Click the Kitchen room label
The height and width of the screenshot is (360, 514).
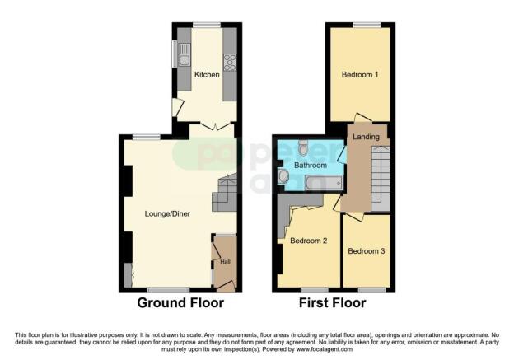pos(207,75)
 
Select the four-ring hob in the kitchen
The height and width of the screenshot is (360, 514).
pos(230,63)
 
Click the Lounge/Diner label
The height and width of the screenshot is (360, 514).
pos(167,213)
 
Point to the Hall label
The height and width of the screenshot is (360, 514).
pos(225,262)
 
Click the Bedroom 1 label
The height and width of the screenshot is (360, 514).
pos(360,75)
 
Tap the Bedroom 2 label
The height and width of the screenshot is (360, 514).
pos(308,241)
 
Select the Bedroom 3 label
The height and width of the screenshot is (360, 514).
pos(367,251)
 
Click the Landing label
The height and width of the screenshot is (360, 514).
pos(367,137)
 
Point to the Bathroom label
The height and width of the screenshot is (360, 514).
pos(311,165)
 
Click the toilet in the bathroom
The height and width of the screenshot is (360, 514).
pos(303,147)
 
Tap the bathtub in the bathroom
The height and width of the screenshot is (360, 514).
pos(325,183)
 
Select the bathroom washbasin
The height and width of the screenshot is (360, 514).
pos(283,176)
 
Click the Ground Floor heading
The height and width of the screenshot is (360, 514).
pos(180,302)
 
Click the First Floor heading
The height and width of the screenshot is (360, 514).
pos(333,302)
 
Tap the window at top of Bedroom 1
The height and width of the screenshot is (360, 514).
pos(367,25)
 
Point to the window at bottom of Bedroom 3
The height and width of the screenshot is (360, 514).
pos(371,290)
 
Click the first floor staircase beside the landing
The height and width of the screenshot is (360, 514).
pos(381,179)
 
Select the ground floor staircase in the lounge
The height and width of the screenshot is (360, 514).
pos(225,193)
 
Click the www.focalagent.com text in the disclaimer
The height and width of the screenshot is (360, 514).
pos(325,349)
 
